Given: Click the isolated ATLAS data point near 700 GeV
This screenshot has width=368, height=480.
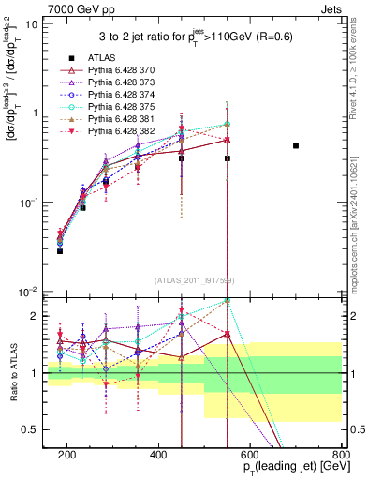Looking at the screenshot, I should click(x=296, y=145).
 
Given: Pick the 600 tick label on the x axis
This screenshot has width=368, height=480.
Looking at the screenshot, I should click(x=250, y=455).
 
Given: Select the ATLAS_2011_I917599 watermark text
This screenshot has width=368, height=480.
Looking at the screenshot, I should click(x=187, y=280).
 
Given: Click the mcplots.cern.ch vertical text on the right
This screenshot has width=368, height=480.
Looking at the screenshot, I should click(x=359, y=216).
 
